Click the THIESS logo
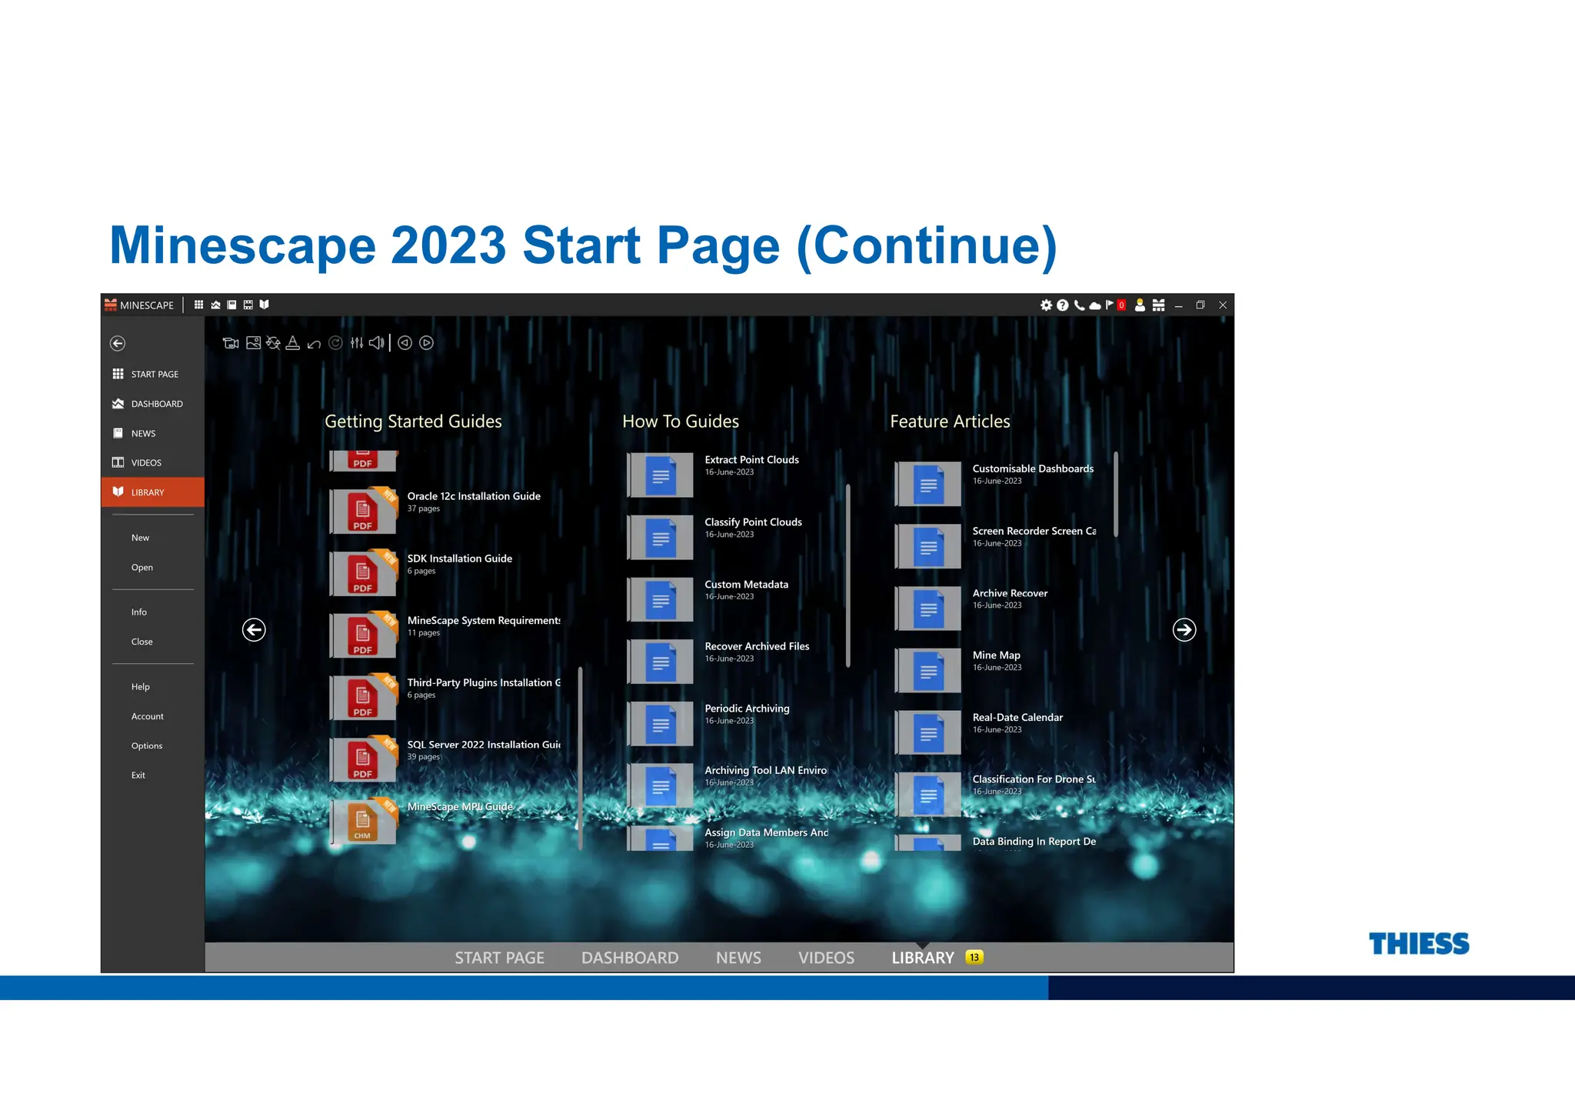(x=1418, y=944)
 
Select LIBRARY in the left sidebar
(x=147, y=492)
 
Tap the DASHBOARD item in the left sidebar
(x=156, y=404)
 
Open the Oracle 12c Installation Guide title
(x=474, y=496)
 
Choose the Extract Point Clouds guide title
(x=751, y=460)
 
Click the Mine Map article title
(x=996, y=655)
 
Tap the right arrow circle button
(x=1184, y=630)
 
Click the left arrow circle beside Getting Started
(x=254, y=630)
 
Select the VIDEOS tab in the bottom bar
(x=826, y=958)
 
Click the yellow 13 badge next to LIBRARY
(x=974, y=957)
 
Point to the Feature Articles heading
(x=950, y=422)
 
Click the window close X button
(x=1223, y=305)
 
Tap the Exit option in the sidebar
(x=138, y=775)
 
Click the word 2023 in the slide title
(x=448, y=246)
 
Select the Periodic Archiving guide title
(x=747, y=709)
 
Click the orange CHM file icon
(x=363, y=822)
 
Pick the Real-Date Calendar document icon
(x=928, y=732)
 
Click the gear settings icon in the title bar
(x=1046, y=305)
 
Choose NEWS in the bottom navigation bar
(x=738, y=958)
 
